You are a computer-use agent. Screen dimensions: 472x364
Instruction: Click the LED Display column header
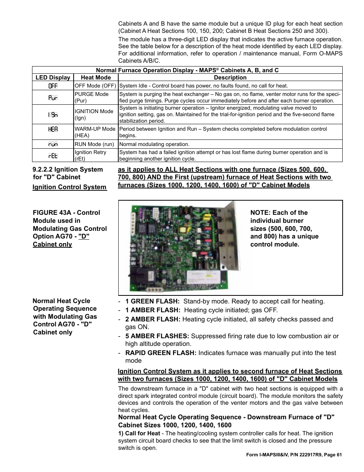(53, 78)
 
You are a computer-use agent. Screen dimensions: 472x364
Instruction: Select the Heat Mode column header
(95, 78)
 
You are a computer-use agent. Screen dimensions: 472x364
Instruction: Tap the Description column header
(230, 78)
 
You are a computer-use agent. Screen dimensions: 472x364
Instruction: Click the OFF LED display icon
(53, 86)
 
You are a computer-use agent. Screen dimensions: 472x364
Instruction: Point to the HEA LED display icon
(53, 130)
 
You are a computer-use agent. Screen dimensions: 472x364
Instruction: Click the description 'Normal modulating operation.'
(154, 144)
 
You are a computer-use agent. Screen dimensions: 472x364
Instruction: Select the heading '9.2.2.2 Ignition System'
(68, 169)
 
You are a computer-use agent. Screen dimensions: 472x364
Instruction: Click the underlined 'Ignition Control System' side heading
(69, 187)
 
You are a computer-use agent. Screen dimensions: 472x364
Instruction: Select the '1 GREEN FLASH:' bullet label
(152, 301)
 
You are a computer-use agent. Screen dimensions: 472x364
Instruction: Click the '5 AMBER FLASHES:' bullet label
(157, 336)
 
